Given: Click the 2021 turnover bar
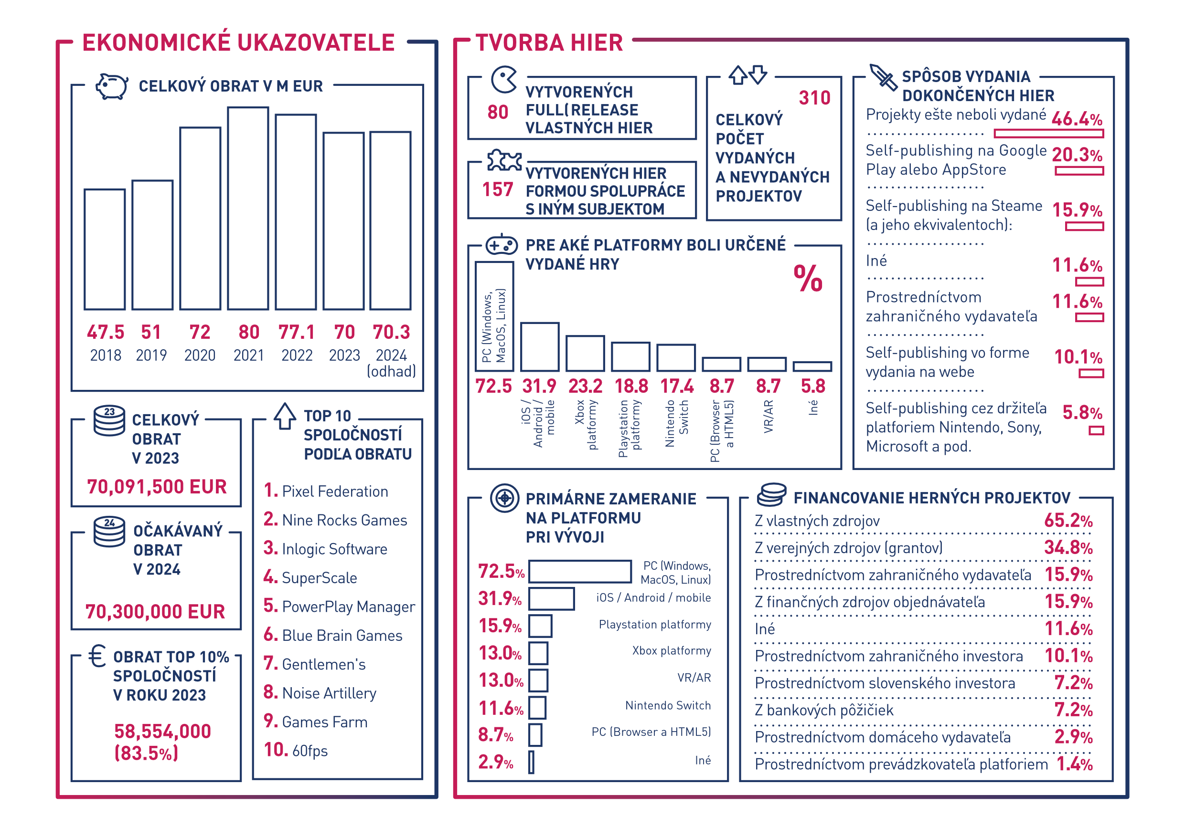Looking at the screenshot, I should click(x=248, y=209).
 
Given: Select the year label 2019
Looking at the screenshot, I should click(x=151, y=356).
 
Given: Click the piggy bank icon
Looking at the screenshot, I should click(x=112, y=85).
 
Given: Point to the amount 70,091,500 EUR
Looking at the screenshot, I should click(x=157, y=487).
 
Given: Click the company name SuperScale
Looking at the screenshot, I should click(x=320, y=578).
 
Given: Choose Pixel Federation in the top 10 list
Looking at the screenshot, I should click(x=335, y=492).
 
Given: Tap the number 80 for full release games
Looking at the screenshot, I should click(x=498, y=112).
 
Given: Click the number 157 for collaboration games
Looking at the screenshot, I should click(x=498, y=190).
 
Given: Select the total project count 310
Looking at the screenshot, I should click(x=814, y=98).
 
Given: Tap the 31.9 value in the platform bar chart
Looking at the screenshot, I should click(x=539, y=386).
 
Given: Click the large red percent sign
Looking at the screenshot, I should click(x=808, y=279).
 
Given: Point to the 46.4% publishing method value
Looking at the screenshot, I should click(x=1077, y=119).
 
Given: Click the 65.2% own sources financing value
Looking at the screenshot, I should click(x=1068, y=521).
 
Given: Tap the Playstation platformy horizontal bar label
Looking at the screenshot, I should click(x=654, y=625).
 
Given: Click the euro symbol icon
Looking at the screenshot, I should click(x=97, y=656).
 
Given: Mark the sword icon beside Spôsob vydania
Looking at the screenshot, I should click(x=883, y=77).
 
